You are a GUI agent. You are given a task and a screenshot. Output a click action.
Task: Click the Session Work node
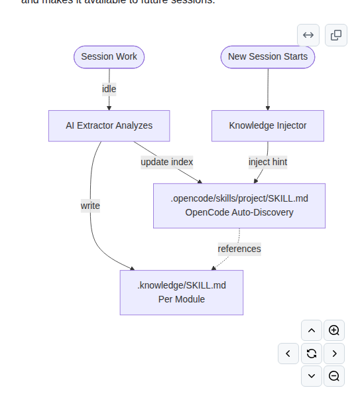point(109,57)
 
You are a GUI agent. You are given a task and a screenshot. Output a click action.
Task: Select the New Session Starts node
point(267,57)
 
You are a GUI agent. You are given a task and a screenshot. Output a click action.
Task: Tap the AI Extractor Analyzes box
point(109,125)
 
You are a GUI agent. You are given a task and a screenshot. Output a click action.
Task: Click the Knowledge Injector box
point(267,125)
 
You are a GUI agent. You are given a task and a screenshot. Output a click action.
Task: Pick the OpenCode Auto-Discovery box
point(239,206)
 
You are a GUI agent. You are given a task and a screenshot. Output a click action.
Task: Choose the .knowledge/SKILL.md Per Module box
point(181,293)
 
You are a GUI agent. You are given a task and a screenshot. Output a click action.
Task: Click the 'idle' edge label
point(109,89)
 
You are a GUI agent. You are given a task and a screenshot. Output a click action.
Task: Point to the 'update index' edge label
point(166,162)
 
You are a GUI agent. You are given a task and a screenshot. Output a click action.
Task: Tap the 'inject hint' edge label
point(267,162)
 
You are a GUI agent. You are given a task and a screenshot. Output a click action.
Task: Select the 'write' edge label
point(90,206)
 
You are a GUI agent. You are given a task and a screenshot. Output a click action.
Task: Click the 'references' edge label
point(239,249)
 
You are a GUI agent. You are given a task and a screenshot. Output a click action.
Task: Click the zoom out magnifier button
point(334,376)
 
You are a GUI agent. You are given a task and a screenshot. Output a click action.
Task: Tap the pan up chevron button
point(311,330)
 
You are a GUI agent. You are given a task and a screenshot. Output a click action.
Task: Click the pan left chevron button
point(288,354)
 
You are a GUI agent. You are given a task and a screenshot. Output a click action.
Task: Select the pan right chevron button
point(334,354)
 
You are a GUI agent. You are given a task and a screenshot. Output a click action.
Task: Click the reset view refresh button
point(311,354)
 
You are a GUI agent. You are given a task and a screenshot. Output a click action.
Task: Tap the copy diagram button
point(336,35)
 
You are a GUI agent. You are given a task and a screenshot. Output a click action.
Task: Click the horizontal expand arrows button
point(308,35)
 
